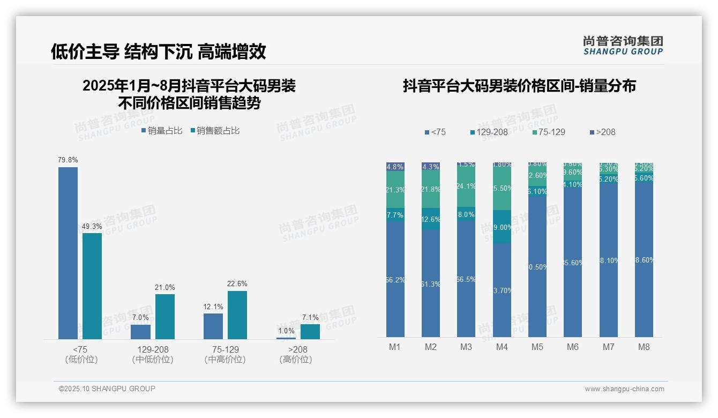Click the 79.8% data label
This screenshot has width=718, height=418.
68,160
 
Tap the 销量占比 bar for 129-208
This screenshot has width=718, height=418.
140,332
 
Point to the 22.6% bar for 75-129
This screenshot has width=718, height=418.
237,315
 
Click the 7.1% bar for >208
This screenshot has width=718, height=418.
310,331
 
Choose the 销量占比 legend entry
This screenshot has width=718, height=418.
162,131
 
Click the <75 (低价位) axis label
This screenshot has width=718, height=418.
81,354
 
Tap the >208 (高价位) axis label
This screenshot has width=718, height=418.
296,354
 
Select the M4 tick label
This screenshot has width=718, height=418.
502,347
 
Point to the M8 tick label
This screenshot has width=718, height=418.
644,347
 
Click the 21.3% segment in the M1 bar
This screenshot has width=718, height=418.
395,190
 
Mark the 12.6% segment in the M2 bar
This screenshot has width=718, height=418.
431,219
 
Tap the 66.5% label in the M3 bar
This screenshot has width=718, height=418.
466,279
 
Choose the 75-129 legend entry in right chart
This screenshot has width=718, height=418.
549,132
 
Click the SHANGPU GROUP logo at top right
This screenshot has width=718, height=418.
623,46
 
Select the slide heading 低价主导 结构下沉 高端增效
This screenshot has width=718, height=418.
158,51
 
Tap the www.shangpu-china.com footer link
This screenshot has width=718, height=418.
624,389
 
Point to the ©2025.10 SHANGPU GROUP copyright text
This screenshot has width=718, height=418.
107,389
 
